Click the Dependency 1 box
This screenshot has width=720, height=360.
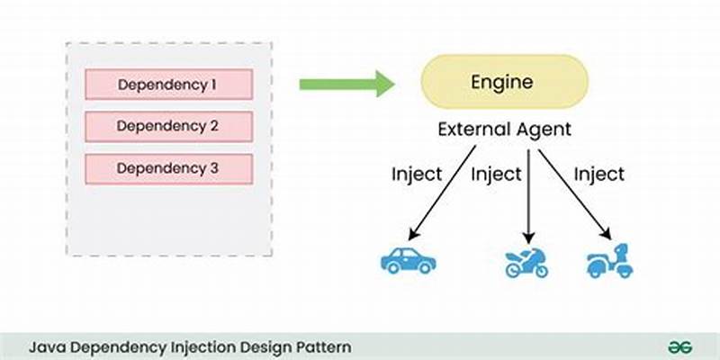[167, 85]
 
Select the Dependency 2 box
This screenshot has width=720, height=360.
[167, 126]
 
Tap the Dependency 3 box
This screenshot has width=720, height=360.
[167, 167]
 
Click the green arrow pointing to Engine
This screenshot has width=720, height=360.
[346, 85]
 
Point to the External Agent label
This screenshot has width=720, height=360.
[504, 129]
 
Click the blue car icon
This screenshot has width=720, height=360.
[408, 261]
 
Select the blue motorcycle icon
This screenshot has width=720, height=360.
[525, 262]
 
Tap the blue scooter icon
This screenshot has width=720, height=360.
[609, 261]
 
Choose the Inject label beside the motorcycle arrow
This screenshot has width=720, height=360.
[496, 174]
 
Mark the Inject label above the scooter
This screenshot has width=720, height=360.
[599, 174]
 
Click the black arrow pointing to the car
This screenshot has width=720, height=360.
[441, 193]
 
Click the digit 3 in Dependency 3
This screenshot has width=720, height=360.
[213, 167]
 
